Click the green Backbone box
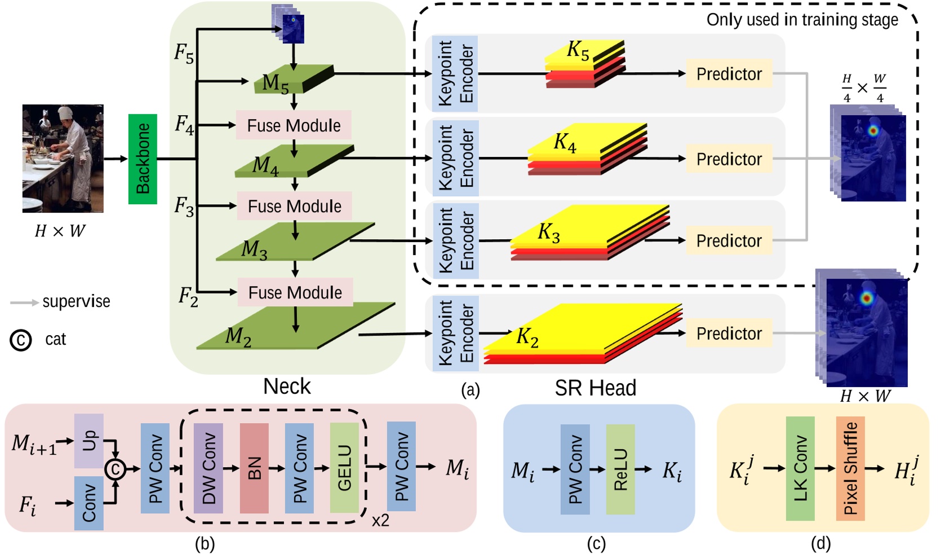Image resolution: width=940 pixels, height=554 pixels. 143,159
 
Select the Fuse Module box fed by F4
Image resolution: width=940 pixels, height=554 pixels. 294,125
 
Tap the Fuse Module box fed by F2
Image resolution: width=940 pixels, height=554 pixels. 295,292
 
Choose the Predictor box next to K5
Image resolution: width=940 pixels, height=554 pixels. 729,74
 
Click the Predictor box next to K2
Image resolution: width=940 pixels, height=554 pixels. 729,333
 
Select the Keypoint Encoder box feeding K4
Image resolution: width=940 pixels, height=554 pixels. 455,158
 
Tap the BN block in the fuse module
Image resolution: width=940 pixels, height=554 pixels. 254,468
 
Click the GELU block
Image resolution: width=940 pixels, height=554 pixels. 344,468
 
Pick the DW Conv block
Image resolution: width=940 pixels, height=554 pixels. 209,468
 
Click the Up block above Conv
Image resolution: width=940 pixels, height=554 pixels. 89,441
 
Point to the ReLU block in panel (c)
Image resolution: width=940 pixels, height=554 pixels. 620,469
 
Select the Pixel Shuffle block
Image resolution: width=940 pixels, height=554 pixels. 850,468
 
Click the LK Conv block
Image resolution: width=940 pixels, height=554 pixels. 800,468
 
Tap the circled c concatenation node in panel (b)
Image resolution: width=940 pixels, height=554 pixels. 116,469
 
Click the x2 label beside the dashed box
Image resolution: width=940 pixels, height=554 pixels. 380,520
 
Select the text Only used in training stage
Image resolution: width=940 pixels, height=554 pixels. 802,20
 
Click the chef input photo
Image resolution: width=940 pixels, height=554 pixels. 63,159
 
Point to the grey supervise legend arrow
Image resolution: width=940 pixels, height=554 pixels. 24,303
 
